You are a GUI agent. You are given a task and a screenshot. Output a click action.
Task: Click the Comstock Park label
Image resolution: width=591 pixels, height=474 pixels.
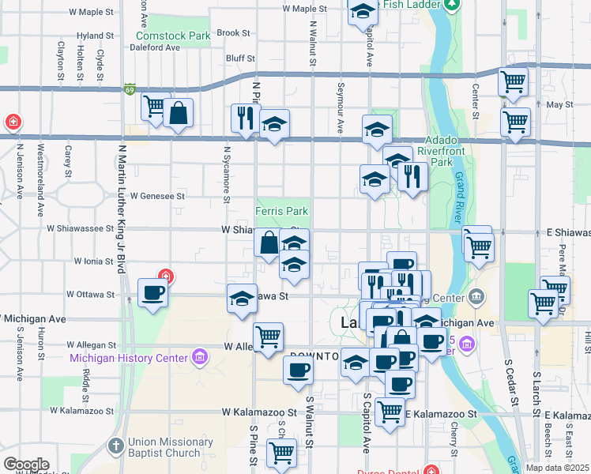(x=173, y=36)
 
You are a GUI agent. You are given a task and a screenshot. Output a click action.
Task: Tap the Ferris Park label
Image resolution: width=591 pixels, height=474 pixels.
(x=281, y=211)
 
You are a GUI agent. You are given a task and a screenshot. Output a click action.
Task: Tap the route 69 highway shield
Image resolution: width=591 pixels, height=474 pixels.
(x=130, y=90)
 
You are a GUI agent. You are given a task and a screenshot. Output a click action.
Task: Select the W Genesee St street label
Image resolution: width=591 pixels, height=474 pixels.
(x=158, y=195)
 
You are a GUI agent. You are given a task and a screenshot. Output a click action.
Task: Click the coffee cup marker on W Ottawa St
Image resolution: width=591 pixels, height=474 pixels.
(x=152, y=292)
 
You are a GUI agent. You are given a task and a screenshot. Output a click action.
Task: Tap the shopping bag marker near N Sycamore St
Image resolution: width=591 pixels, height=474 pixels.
(x=179, y=113)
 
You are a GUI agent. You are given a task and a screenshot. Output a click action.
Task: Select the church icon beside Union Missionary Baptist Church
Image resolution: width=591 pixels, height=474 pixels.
(x=116, y=446)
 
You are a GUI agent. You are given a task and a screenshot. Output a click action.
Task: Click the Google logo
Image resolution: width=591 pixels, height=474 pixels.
(x=26, y=464)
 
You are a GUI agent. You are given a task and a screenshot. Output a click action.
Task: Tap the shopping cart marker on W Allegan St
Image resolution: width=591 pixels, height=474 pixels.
(x=269, y=336)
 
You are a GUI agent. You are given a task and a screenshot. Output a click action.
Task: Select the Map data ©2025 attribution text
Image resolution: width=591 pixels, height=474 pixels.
(x=557, y=468)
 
